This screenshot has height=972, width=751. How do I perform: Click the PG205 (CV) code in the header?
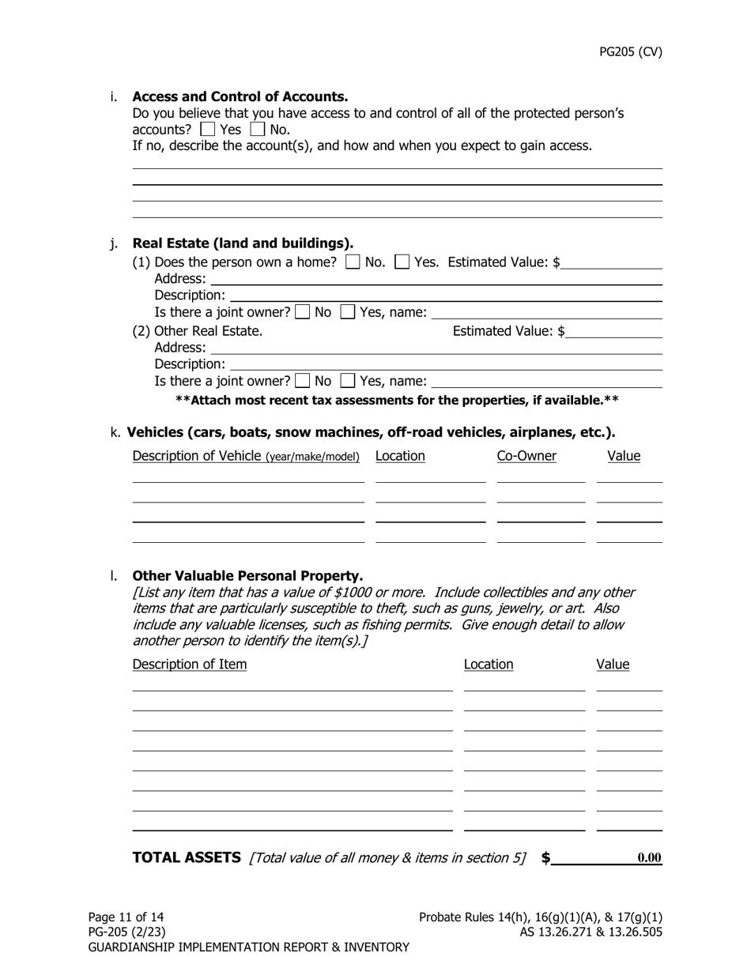tap(630, 52)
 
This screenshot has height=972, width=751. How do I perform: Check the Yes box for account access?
tap(207, 129)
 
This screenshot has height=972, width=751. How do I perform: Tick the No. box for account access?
tap(257, 129)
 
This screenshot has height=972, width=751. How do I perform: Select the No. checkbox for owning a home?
tap(353, 262)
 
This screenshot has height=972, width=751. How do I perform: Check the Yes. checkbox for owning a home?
tap(402, 262)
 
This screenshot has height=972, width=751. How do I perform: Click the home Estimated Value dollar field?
tap(611, 262)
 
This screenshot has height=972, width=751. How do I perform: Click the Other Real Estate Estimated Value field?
tap(614, 331)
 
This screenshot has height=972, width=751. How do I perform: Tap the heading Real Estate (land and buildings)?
tap(243, 243)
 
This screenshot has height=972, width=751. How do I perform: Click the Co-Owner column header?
tap(526, 456)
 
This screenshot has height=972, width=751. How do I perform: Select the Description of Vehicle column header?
tap(246, 456)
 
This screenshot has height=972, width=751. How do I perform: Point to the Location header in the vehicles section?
tap(400, 456)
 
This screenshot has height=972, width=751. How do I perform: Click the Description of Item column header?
tap(190, 665)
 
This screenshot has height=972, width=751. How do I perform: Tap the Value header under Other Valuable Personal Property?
tap(613, 665)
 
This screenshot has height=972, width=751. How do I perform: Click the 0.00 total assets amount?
tap(649, 858)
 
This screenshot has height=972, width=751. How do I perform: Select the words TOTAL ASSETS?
tap(187, 857)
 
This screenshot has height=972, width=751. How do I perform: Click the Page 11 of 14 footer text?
tap(126, 917)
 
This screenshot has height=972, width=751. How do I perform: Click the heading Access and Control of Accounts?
tap(240, 96)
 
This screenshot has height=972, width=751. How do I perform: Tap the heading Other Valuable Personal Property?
tap(247, 575)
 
